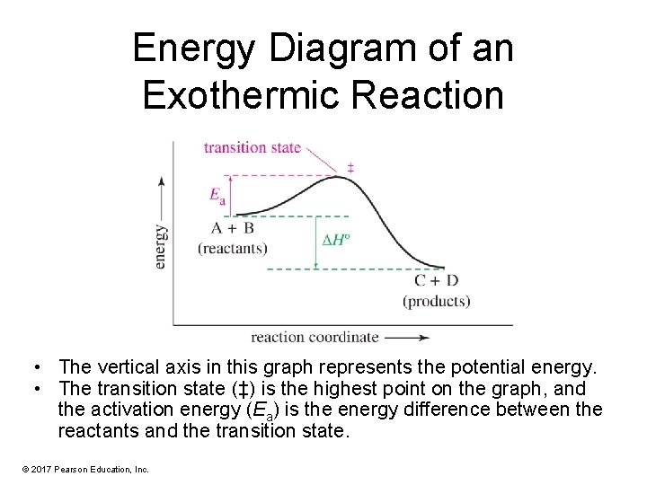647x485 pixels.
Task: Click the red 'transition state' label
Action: point(252,147)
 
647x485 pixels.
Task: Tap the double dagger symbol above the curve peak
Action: point(350,168)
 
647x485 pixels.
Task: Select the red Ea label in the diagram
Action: point(217,195)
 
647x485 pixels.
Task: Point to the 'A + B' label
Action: point(233,228)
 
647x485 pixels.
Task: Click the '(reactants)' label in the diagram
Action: point(233,247)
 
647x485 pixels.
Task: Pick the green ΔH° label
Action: point(336,241)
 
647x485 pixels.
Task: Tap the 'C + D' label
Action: point(436,281)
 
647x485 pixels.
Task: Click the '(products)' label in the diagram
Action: point(436,301)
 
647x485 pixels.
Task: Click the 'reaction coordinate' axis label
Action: point(315,338)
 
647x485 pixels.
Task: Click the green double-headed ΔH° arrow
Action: point(316,242)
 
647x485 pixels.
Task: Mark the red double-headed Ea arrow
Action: point(235,195)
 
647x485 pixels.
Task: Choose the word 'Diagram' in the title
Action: point(336,48)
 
